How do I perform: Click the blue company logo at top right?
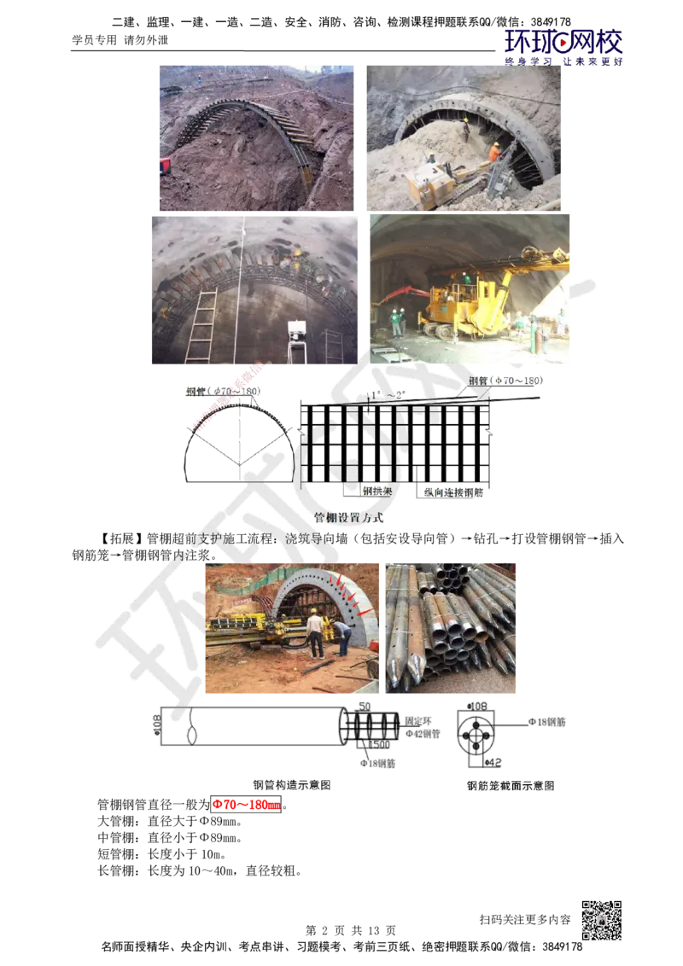[563, 46]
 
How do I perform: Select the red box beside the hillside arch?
[164, 165]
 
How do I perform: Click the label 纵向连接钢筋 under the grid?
[453, 492]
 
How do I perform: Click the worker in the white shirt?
[315, 632]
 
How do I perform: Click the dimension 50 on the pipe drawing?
[364, 707]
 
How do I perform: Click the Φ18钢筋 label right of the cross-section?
[546, 722]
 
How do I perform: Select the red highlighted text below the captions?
[246, 805]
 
